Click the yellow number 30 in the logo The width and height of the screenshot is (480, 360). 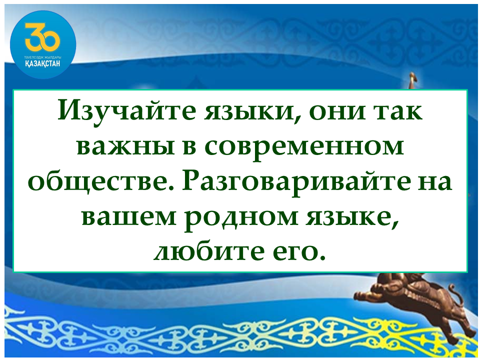[42, 36]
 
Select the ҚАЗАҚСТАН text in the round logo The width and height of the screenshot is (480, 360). [43, 63]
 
